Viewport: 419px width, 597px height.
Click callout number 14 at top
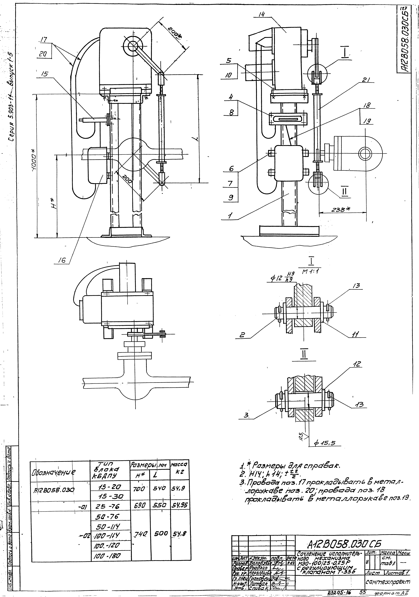tap(262, 15)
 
